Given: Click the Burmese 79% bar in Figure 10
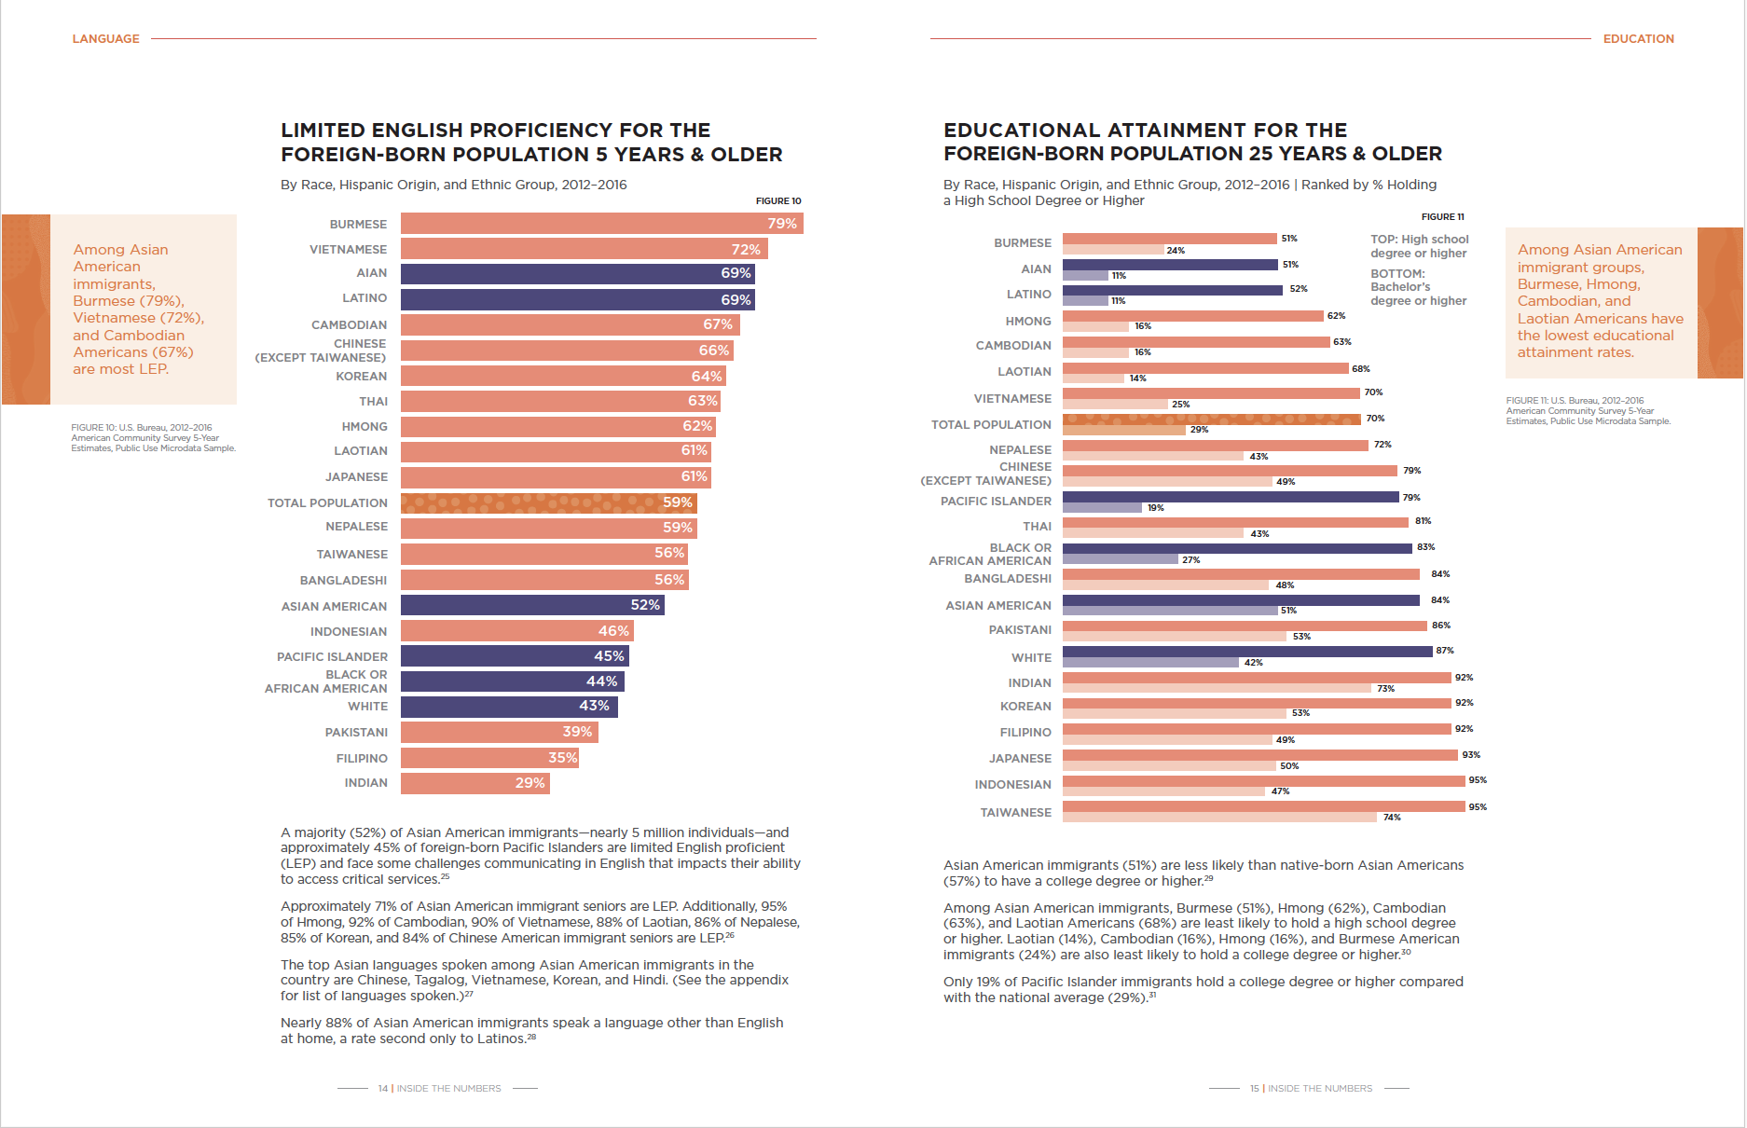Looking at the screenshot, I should pyautogui.click(x=601, y=224).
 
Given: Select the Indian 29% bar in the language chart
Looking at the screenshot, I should pyautogui.click(x=475, y=783).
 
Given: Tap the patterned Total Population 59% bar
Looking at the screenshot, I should pyautogui.click(x=548, y=503).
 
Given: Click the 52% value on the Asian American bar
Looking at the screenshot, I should pyautogui.click(x=645, y=605).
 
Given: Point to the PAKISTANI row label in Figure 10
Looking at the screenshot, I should pyautogui.click(x=356, y=733).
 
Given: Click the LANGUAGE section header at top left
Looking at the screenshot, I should pyautogui.click(x=105, y=39).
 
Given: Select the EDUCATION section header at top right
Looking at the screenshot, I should pyautogui.click(x=1638, y=39).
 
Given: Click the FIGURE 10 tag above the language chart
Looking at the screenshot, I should pyautogui.click(x=778, y=201).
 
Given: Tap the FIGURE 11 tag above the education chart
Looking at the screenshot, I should pyautogui.click(x=1442, y=217).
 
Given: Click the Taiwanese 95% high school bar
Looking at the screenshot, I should pyautogui.click(x=1263, y=806).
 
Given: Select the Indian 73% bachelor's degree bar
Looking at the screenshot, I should pyautogui.click(x=1217, y=688).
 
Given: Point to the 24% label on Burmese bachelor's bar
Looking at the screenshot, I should pyautogui.click(x=1176, y=251).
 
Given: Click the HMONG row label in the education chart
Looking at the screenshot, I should pyautogui.click(x=1028, y=322).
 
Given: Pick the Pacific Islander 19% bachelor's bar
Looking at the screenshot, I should pyautogui.click(x=1102, y=508).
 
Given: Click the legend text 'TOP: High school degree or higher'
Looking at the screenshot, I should pyautogui.click(x=1419, y=246).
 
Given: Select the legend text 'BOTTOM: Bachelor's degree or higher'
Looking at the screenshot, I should pyautogui.click(x=1418, y=287).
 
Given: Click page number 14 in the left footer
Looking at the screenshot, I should pyautogui.click(x=382, y=1089).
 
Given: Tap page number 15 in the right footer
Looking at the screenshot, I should pyautogui.click(x=1254, y=1089).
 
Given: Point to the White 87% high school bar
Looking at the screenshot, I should pyautogui.click(x=1247, y=652).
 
